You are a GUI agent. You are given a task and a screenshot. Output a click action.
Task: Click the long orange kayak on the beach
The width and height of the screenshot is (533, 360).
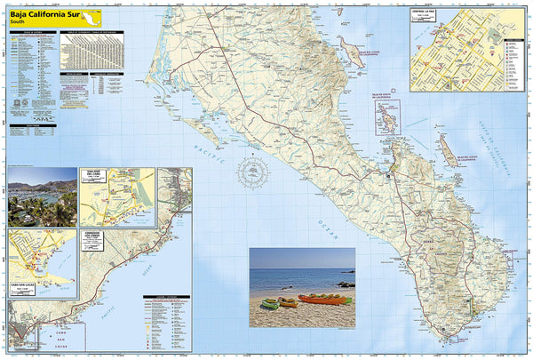[x=322, y=299]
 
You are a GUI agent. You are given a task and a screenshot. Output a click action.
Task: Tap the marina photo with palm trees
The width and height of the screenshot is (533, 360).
[x=42, y=196]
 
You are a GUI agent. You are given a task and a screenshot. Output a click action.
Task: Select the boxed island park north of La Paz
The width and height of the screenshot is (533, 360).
[x=386, y=116]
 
